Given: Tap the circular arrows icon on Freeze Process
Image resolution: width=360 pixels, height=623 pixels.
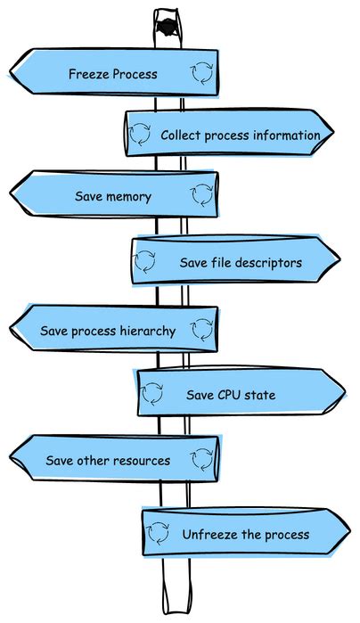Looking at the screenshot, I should pyautogui.click(x=201, y=72).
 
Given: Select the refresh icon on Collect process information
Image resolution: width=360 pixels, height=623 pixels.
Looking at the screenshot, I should pyautogui.click(x=141, y=135).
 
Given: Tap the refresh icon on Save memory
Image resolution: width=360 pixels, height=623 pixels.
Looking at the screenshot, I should pyautogui.click(x=201, y=194).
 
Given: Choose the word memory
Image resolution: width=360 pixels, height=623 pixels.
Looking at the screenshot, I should pyautogui.click(x=128, y=196).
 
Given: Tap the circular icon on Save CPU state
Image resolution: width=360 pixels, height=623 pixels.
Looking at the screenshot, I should pyautogui.click(x=152, y=393).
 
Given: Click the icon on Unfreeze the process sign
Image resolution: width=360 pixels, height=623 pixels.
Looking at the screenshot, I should pyautogui.click(x=158, y=533).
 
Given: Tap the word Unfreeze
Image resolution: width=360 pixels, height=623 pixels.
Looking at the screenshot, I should pyautogui.click(x=211, y=535).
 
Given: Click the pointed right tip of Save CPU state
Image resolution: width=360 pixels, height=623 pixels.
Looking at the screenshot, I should pyautogui.click(x=343, y=392).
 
